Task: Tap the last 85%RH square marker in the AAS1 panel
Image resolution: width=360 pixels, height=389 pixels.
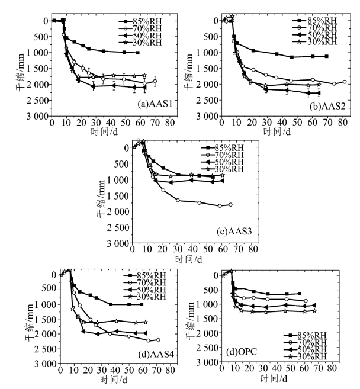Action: click(137, 53)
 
